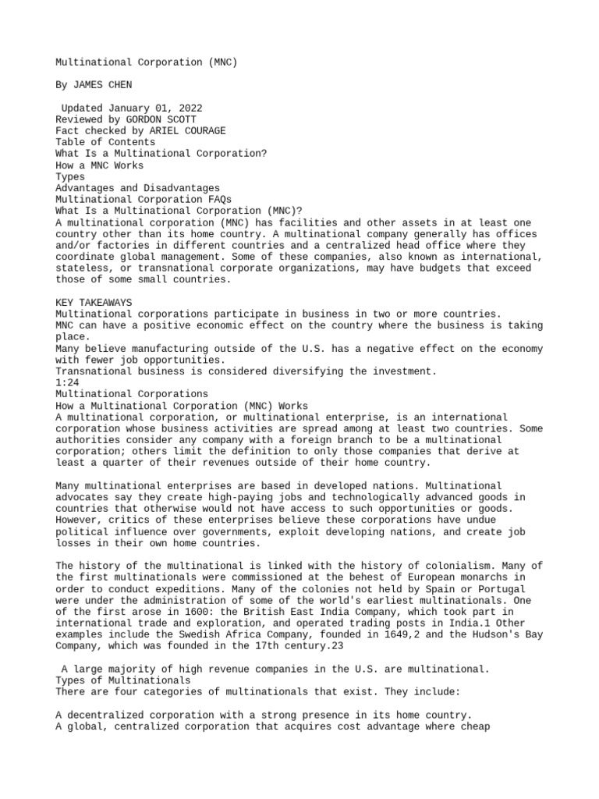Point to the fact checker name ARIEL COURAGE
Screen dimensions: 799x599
pos(183,131)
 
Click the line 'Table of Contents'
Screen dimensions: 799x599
pos(105,142)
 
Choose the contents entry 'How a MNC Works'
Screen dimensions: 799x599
pos(99,165)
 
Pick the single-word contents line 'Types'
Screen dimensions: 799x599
pos(70,176)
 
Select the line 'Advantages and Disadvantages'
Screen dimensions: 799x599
pos(137,188)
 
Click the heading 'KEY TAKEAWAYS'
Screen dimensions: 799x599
pos(94,302)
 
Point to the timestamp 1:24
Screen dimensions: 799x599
pos(67,382)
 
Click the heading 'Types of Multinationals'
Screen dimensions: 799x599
pos(122,680)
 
